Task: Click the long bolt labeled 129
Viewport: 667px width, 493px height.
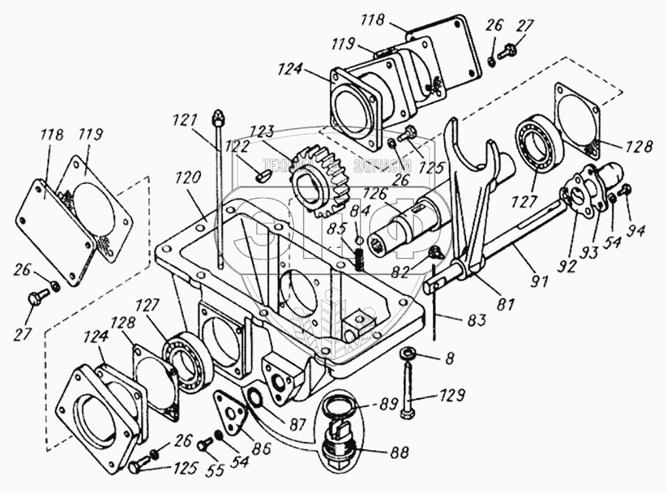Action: point(409,386)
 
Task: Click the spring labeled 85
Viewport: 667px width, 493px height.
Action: point(356,259)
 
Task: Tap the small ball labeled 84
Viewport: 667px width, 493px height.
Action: point(358,239)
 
